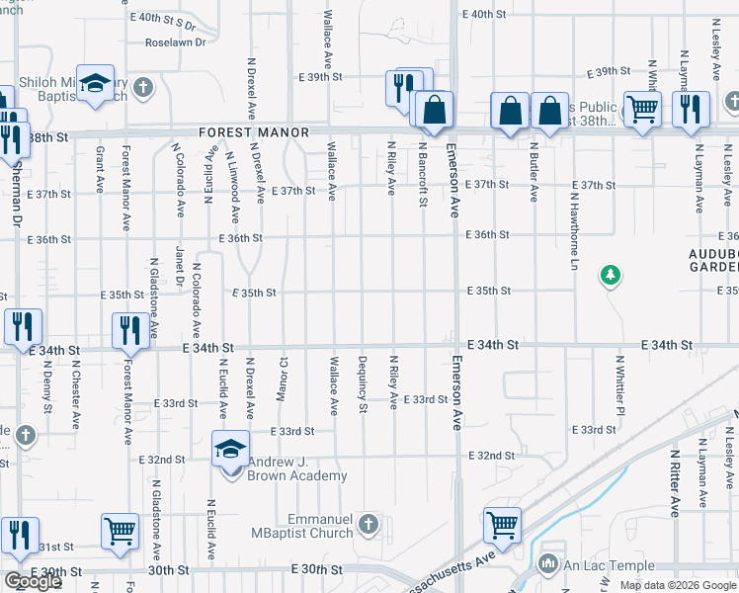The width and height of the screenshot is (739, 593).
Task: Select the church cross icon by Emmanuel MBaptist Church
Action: point(369,523)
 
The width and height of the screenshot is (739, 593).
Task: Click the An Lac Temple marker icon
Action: point(550,564)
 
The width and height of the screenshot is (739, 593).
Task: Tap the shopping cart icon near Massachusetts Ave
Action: point(502,524)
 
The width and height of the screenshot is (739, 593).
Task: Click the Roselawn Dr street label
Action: point(176,42)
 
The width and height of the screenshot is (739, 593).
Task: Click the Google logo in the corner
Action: point(33,581)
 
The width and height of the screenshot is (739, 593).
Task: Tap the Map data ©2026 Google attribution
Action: point(678,585)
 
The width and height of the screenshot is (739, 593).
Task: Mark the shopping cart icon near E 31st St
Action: point(120,531)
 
